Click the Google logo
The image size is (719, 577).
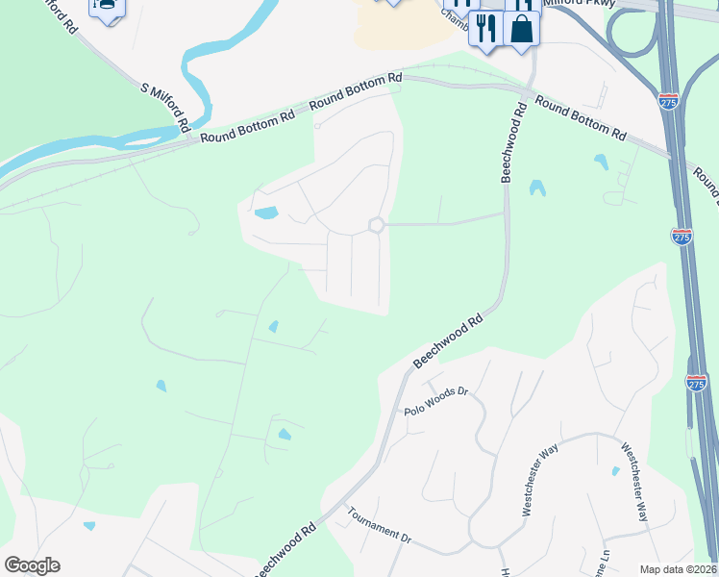click(32, 565)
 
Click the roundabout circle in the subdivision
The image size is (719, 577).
click(376, 225)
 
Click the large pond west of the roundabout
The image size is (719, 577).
click(265, 213)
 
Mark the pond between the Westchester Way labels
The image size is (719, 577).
click(616, 471)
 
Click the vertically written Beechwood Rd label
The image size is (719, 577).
click(512, 144)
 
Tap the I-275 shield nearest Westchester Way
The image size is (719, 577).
click(697, 382)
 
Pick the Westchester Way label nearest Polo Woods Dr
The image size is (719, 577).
click(541, 482)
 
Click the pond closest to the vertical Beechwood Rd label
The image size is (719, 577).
click(537, 188)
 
